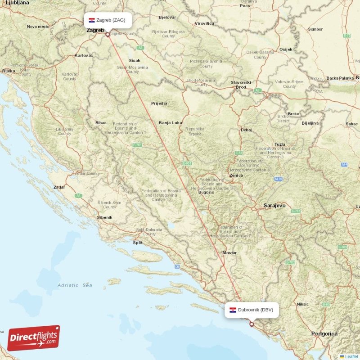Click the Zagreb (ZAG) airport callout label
(x=108, y=20)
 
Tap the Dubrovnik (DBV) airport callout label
(x=252, y=310)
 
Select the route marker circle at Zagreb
(x=107, y=34)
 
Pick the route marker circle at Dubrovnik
(x=252, y=324)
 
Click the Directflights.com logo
(x=33, y=338)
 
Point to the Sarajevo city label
(x=274, y=205)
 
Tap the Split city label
(x=137, y=242)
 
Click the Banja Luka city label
(x=170, y=122)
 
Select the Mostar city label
(x=229, y=253)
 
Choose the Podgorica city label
(x=324, y=333)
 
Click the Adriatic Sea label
(x=75, y=285)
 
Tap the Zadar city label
(x=59, y=187)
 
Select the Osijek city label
(x=286, y=49)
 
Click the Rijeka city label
(x=8, y=71)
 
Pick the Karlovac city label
(x=83, y=55)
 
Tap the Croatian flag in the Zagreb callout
(x=92, y=20)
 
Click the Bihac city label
(x=101, y=122)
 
